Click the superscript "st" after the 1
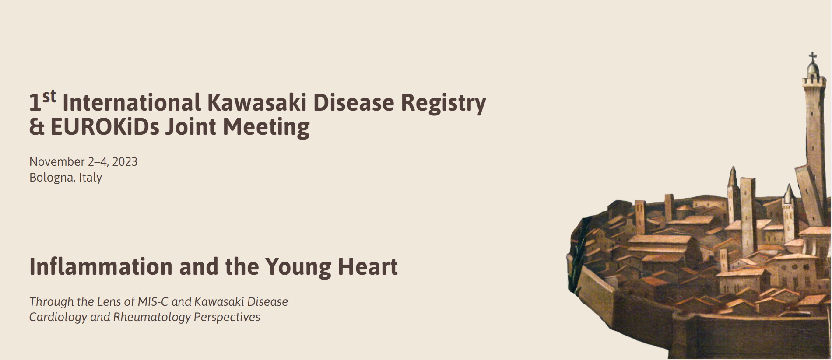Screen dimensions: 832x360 pos(49,96)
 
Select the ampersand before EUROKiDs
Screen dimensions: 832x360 pos(37,127)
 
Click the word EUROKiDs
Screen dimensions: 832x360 pos(105,127)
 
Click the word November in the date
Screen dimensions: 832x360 pos(57,162)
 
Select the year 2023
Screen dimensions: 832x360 pos(125,162)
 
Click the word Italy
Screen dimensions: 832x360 pos(91,178)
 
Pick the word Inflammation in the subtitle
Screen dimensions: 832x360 pos(101,267)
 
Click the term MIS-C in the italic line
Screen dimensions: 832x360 pos(153,302)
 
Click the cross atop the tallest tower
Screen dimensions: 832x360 pos(813,57)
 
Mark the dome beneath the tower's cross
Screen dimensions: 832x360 pos(813,69)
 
